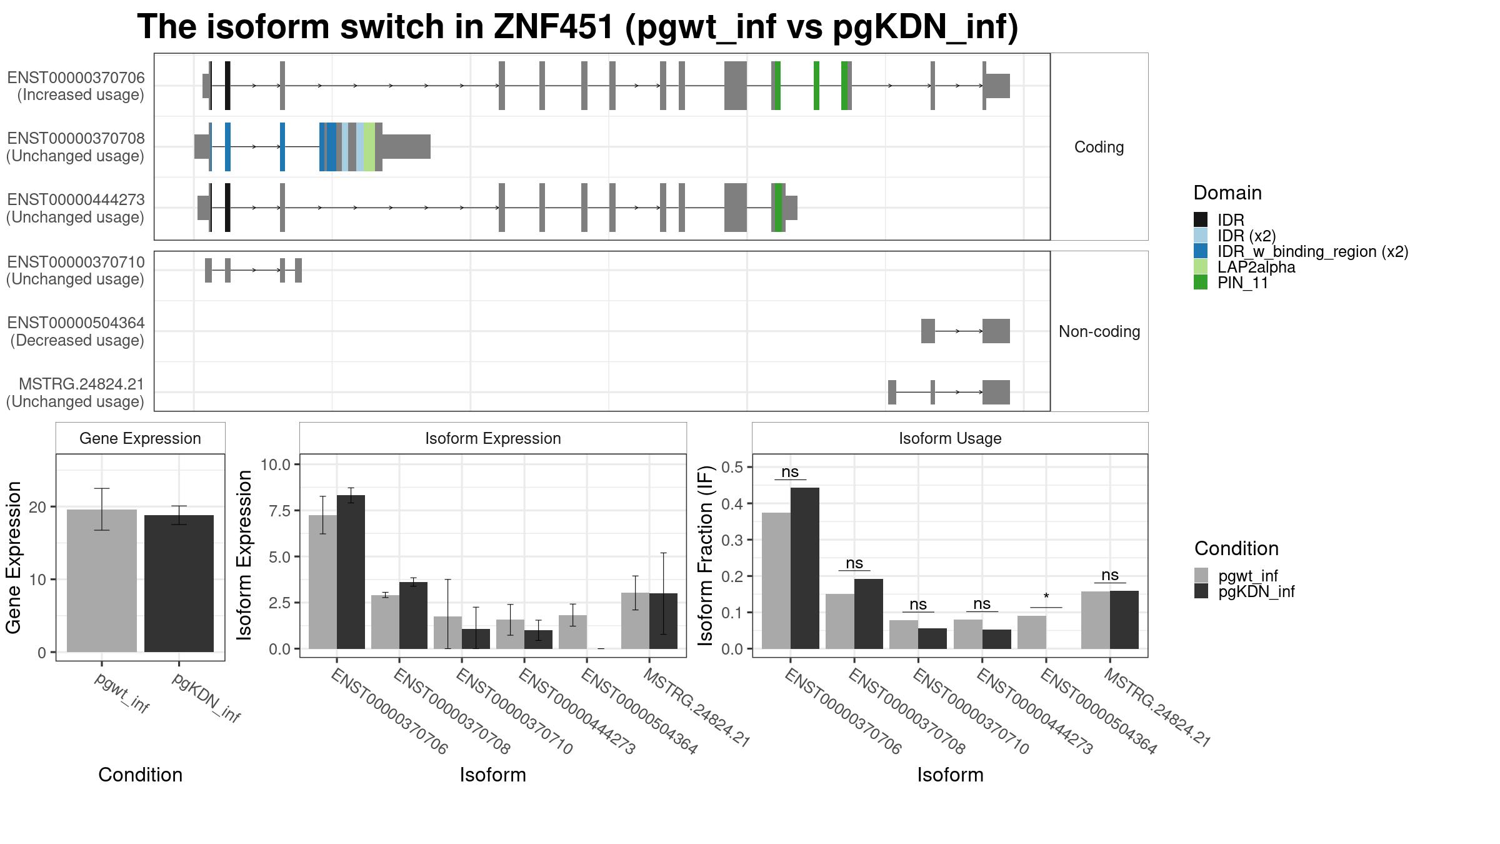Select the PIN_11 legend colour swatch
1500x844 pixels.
[1201, 283]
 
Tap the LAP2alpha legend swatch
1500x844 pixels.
[1201, 267]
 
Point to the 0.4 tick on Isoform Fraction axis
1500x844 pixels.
[732, 504]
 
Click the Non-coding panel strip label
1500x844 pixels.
[1099, 331]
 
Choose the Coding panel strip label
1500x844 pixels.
[1099, 147]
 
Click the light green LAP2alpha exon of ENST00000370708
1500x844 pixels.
[369, 147]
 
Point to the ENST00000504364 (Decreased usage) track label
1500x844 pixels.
[76, 331]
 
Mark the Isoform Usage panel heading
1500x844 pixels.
[950, 438]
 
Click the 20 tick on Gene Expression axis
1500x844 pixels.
[37, 507]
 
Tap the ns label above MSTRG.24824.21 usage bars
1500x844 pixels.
[1110, 575]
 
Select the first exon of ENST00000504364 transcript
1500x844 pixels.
[928, 331]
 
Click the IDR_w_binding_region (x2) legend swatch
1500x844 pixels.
[1201, 251]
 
